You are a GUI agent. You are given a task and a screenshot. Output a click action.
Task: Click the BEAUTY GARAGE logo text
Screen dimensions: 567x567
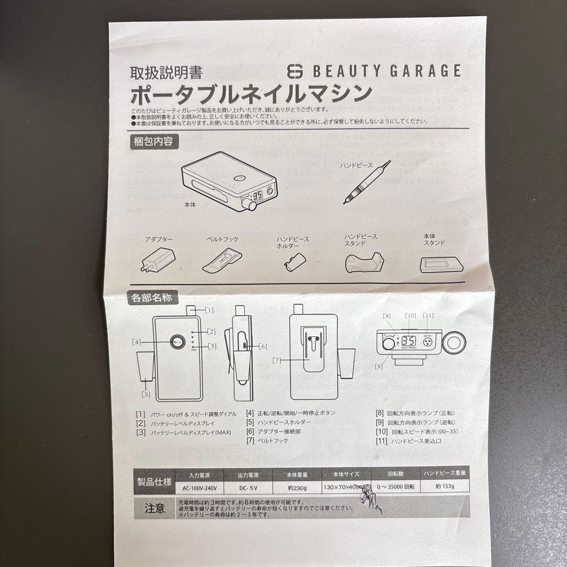[x=386, y=70]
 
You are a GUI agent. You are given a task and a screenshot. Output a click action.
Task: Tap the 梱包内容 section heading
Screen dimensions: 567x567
[x=152, y=141]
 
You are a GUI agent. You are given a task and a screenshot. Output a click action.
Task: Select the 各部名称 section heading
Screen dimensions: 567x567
[x=152, y=298]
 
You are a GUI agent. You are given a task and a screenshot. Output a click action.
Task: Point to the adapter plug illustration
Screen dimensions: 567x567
[x=157, y=259]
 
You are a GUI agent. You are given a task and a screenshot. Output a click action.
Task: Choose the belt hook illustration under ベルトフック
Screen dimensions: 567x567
[x=223, y=259]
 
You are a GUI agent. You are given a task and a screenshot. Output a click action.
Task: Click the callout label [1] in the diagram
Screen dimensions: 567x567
[x=208, y=310]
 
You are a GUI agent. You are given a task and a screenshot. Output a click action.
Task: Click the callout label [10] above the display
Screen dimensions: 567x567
[x=411, y=316]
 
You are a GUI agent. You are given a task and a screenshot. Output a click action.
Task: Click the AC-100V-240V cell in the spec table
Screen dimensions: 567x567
[x=200, y=487]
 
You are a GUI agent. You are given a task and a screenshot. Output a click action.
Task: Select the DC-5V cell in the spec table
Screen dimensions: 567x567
[x=248, y=487]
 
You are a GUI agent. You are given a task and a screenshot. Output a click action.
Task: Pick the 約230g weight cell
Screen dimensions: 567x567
[x=297, y=487]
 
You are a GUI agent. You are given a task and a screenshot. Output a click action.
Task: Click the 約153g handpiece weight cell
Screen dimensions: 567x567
[x=445, y=487]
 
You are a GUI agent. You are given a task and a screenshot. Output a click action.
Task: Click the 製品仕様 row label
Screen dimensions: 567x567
[x=154, y=481]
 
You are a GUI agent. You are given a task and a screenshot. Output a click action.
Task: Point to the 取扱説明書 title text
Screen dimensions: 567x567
[x=166, y=72]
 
